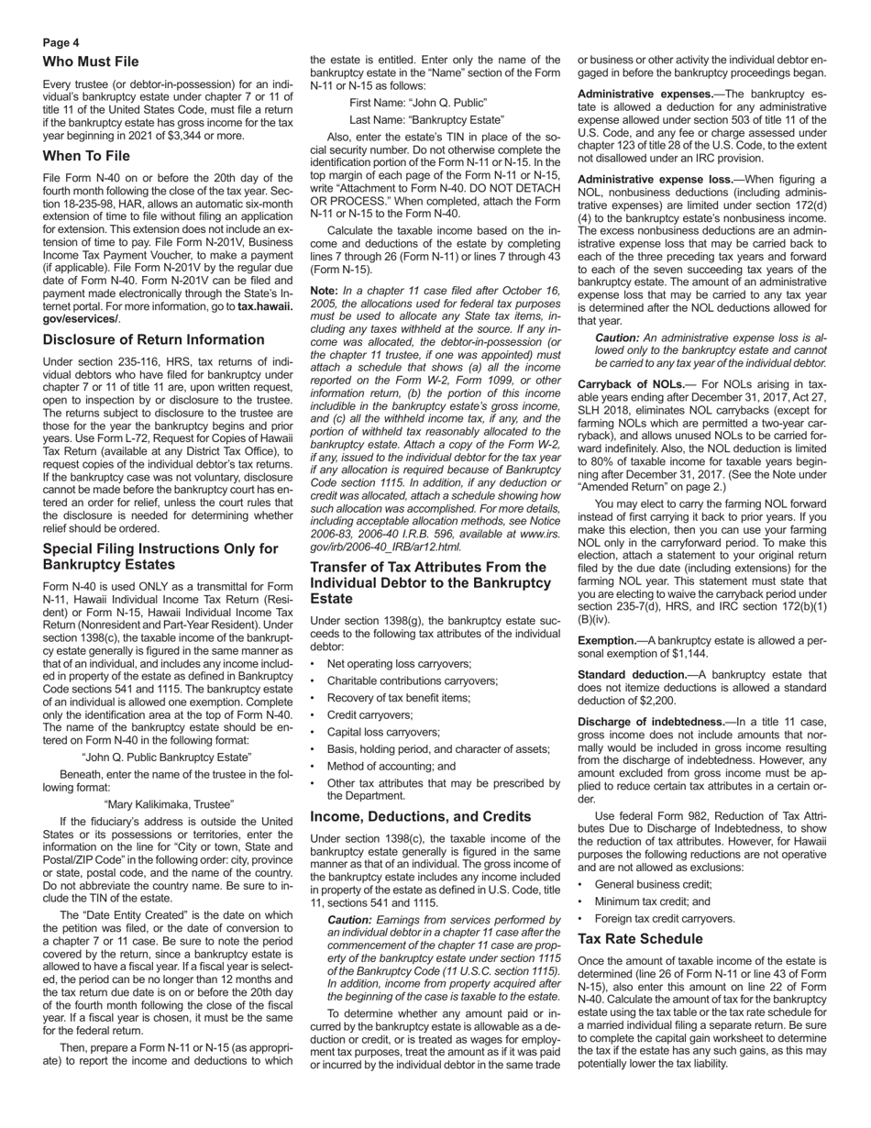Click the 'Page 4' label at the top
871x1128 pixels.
point(61,42)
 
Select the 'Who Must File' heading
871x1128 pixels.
point(91,61)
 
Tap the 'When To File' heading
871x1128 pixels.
point(86,156)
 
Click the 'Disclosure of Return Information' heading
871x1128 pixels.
point(153,339)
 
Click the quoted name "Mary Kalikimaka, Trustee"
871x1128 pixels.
point(169,804)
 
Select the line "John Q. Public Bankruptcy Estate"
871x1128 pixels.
point(166,758)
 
